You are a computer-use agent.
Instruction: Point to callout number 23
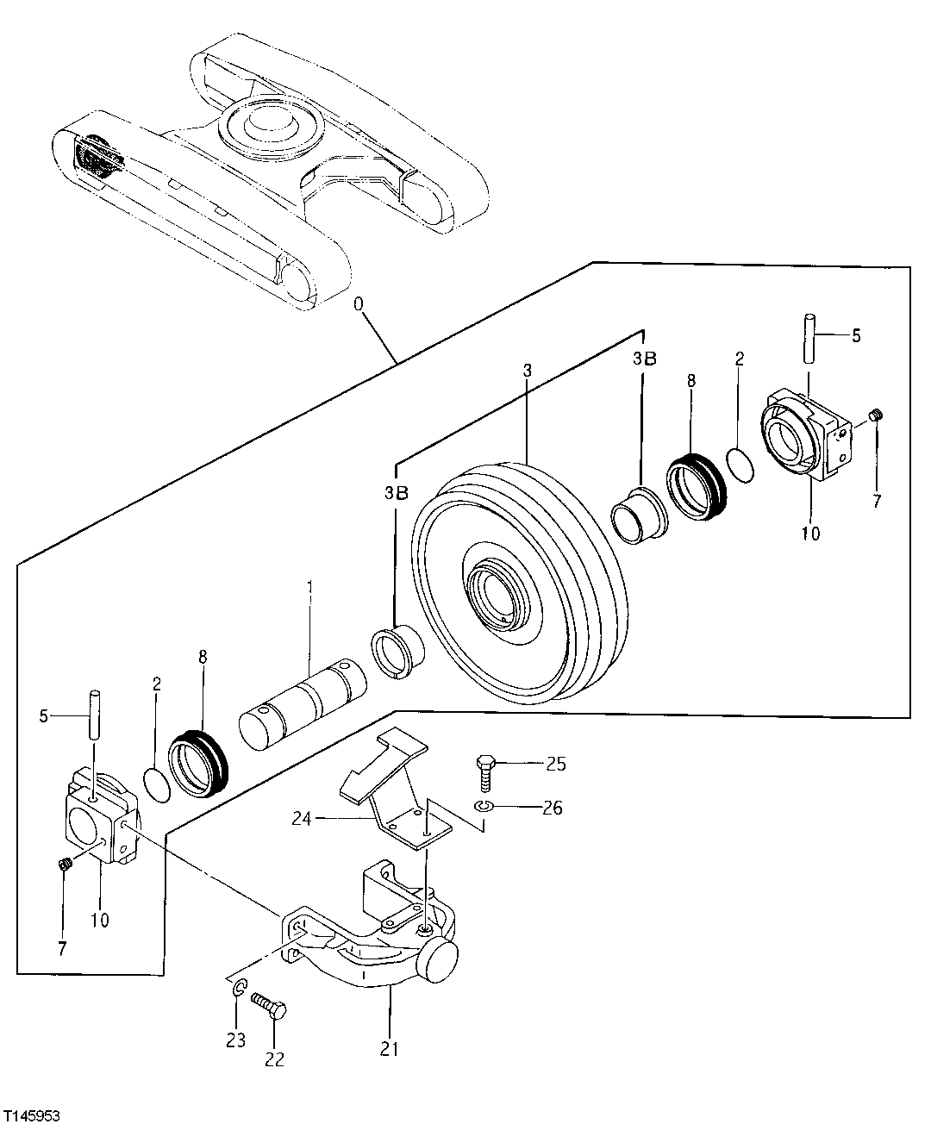coord(236,1040)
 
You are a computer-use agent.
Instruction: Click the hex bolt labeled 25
coord(484,771)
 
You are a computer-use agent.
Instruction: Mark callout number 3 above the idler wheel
coord(527,369)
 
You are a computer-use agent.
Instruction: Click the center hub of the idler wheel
coord(495,594)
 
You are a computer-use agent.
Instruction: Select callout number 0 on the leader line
coord(359,304)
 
